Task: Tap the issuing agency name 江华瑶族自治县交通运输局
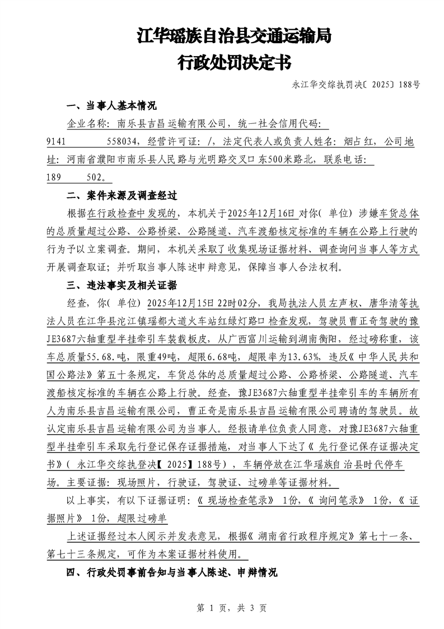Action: tap(234, 37)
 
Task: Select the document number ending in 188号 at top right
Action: tap(356, 86)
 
